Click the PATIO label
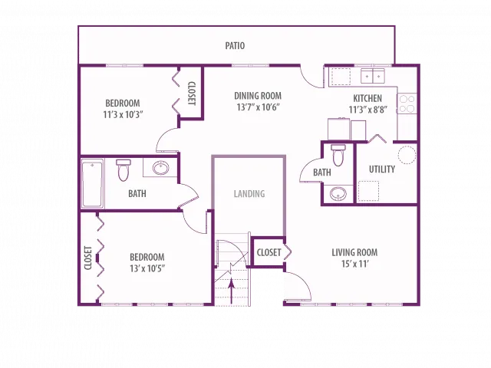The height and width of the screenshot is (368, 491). click(235, 46)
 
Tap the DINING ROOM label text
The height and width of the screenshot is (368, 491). click(258, 96)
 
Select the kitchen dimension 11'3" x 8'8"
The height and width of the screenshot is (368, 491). click(368, 110)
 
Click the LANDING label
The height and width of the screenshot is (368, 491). click(249, 194)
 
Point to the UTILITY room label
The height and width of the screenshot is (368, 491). click(382, 169)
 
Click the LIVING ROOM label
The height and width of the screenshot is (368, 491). click(354, 252)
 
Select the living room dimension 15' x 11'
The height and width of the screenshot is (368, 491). click(354, 264)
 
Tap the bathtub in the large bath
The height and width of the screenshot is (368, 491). click(92, 183)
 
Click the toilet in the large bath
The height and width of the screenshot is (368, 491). click(123, 170)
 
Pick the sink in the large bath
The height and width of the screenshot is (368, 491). click(160, 168)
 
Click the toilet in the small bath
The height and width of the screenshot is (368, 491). click(338, 155)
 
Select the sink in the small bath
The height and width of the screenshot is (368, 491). click(338, 194)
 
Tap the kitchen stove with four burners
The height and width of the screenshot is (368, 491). click(407, 104)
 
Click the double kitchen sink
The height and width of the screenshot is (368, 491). click(373, 76)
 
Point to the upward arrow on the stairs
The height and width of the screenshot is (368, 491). click(231, 291)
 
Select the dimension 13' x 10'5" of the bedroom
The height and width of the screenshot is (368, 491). click(147, 268)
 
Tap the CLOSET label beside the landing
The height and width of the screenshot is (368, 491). click(269, 252)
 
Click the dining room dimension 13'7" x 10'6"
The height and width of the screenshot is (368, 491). click(258, 107)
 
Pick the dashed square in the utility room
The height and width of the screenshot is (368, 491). click(368, 191)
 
